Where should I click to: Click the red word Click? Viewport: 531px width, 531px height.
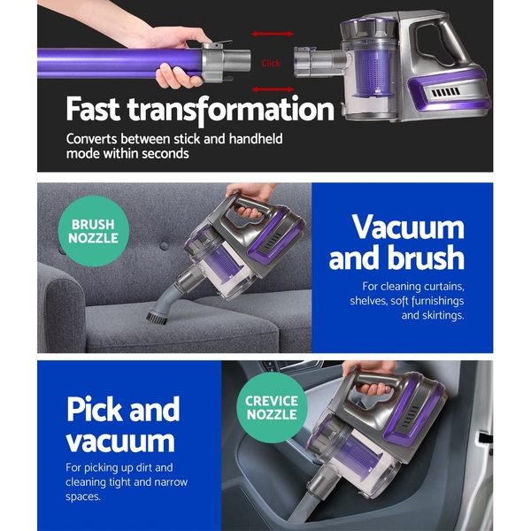[x=271, y=63]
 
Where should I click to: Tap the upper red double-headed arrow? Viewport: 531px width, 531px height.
[x=273, y=34]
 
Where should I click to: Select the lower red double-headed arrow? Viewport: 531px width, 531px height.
[x=273, y=89]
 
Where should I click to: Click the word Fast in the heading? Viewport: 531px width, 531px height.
[x=93, y=109]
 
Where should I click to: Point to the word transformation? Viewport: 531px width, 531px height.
[x=231, y=110]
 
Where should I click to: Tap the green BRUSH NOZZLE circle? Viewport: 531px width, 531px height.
[x=94, y=231]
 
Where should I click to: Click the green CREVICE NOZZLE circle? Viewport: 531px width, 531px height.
[x=272, y=407]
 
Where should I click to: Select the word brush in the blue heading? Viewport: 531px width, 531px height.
[x=426, y=258]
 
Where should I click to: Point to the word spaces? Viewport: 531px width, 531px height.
[x=83, y=496]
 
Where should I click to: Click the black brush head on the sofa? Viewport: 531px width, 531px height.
[x=157, y=319]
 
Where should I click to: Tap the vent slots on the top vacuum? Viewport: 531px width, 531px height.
[x=446, y=92]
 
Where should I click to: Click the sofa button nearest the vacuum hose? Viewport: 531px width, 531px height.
[x=164, y=246]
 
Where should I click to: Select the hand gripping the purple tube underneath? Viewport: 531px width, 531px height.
[x=179, y=76]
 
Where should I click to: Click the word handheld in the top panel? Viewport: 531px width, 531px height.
[x=256, y=139]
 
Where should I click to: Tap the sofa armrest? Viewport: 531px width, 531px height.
[x=61, y=304]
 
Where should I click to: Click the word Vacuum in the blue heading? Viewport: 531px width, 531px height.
[x=408, y=227]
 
